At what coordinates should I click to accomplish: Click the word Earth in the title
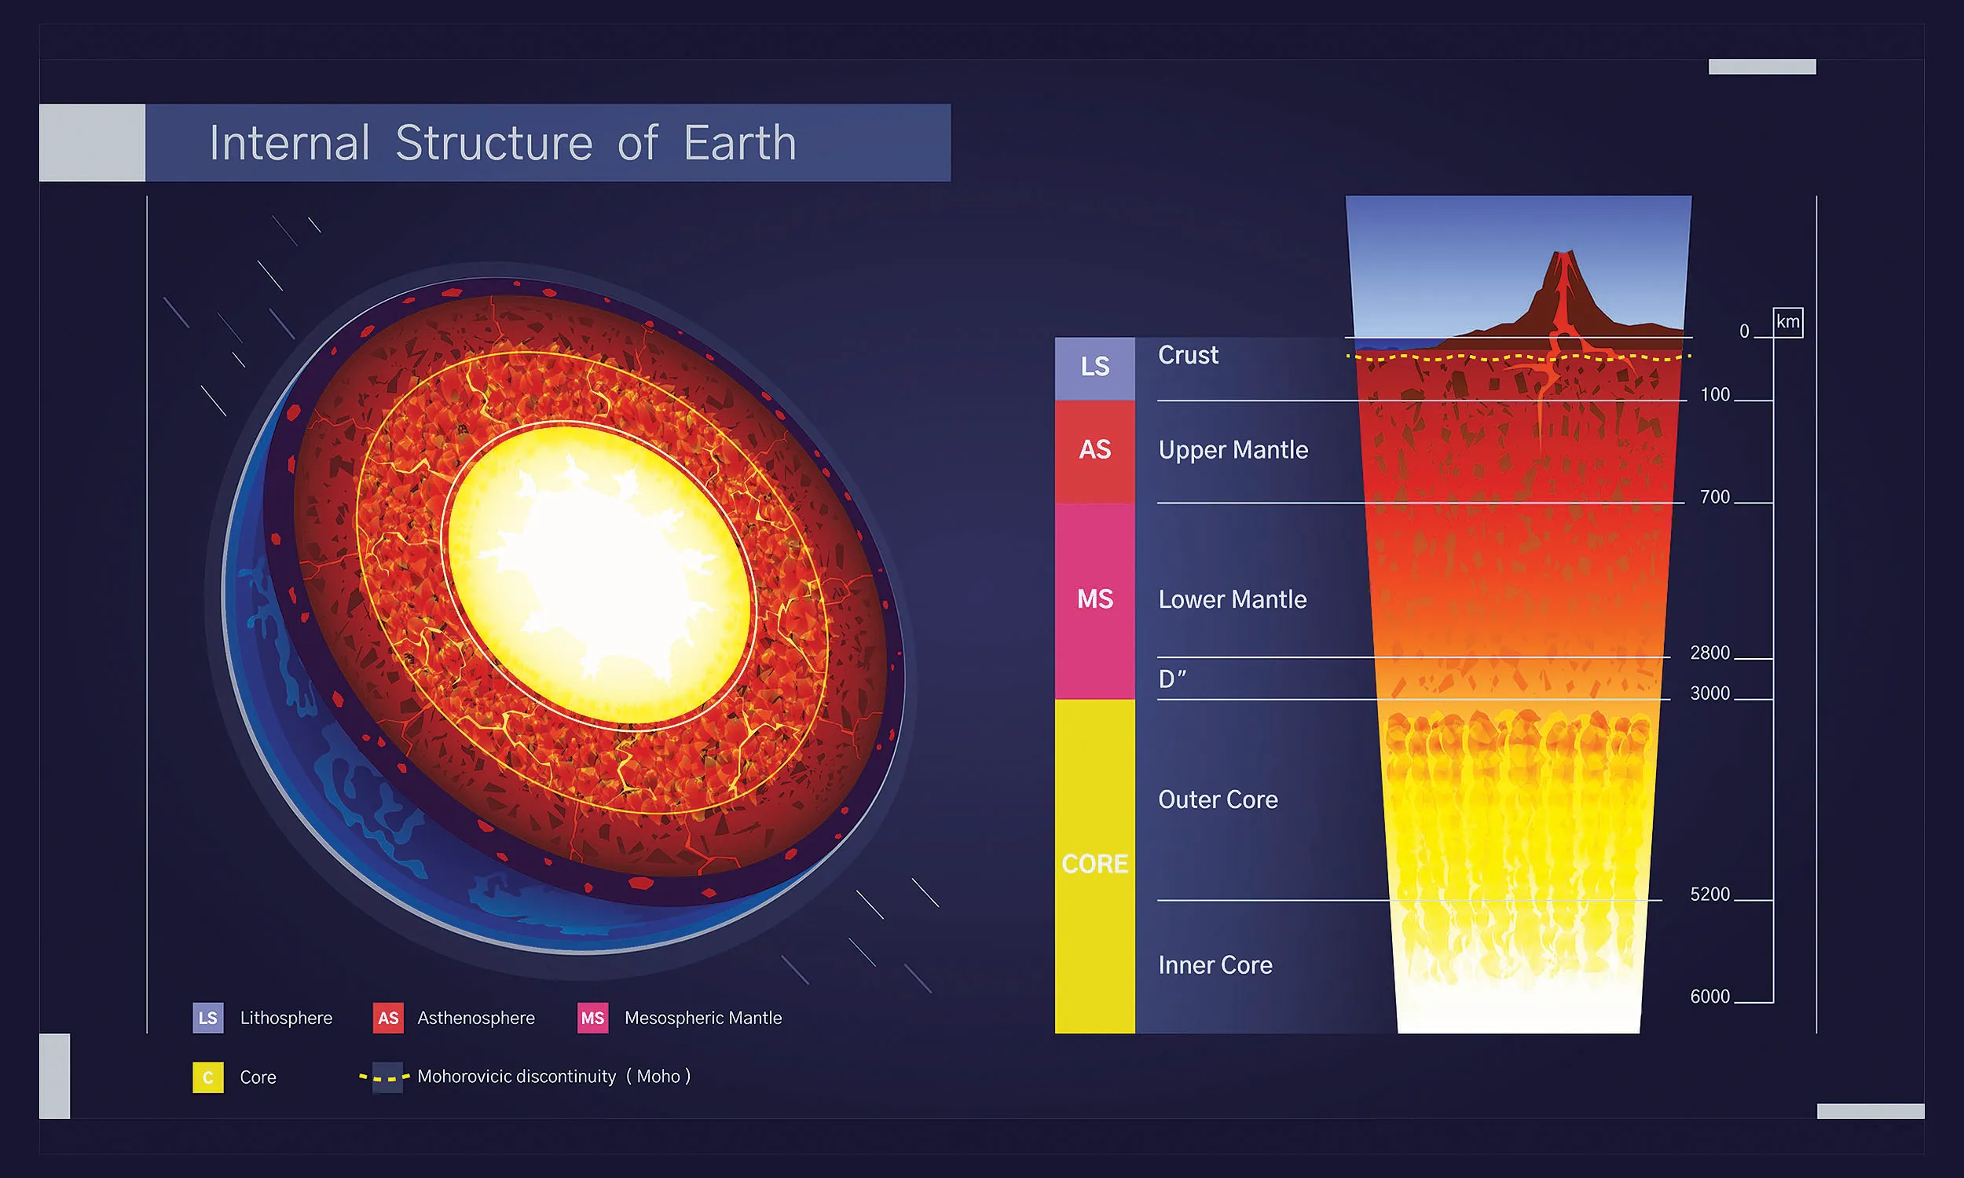tap(739, 144)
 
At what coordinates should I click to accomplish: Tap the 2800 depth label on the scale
tap(1709, 653)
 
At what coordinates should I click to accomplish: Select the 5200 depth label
tap(1709, 894)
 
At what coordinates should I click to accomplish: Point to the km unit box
tap(1788, 322)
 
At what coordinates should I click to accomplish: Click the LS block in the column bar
tap(1094, 367)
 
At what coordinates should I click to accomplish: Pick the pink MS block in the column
tap(1094, 599)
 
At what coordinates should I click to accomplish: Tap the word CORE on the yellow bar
tap(1094, 864)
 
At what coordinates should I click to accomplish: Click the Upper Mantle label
tap(1233, 450)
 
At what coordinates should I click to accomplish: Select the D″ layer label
tap(1172, 679)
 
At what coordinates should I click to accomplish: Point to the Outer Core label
tap(1218, 799)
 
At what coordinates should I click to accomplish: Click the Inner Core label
tap(1215, 965)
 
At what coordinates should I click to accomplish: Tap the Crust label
tap(1188, 355)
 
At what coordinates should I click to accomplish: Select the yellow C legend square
tap(208, 1077)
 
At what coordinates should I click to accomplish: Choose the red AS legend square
tap(388, 1018)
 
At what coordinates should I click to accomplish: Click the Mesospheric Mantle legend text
tap(702, 1018)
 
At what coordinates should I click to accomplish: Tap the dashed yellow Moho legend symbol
tap(385, 1077)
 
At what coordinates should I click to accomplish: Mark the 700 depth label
tap(1714, 497)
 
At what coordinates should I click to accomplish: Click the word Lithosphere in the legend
tap(286, 1018)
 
